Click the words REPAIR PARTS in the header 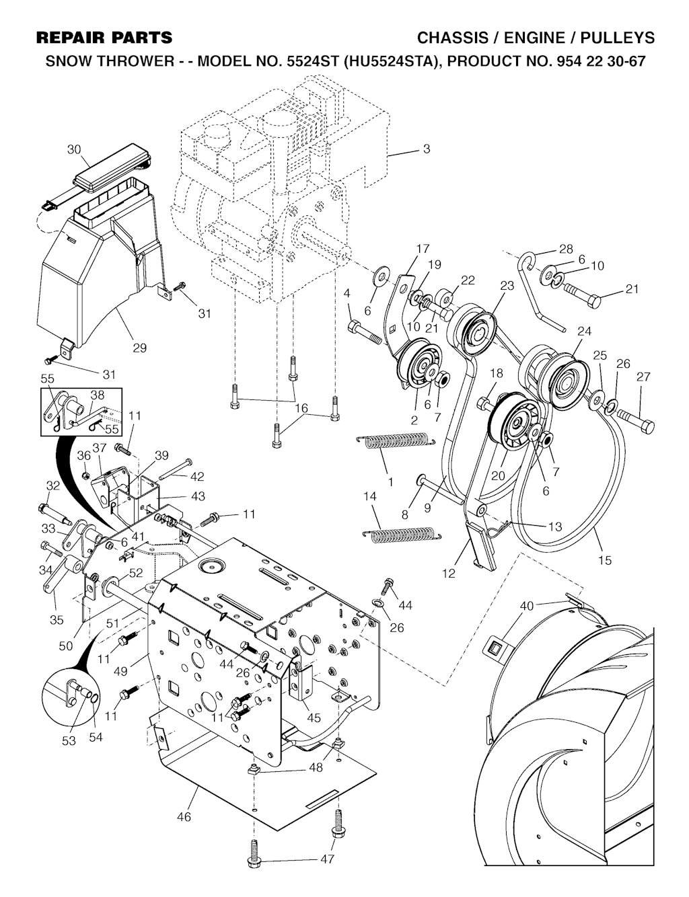click(x=104, y=38)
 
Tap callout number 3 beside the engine click(x=427, y=149)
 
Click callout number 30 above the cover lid click(x=75, y=149)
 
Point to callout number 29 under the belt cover click(x=140, y=348)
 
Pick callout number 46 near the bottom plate click(x=184, y=817)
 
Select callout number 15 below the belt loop click(x=604, y=560)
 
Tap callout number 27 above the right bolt click(x=643, y=377)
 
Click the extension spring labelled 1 click(x=396, y=439)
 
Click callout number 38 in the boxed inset click(x=98, y=395)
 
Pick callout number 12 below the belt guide click(x=449, y=574)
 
